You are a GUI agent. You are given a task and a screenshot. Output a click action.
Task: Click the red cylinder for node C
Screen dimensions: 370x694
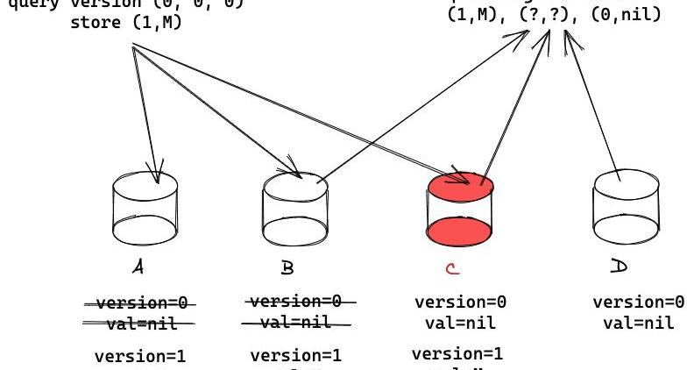[461, 209]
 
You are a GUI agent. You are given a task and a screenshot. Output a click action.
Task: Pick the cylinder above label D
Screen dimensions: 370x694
[625, 208]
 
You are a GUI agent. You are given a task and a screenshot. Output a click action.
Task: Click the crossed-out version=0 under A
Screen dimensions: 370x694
[141, 303]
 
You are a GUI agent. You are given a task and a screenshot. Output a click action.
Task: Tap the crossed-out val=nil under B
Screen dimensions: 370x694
[290, 322]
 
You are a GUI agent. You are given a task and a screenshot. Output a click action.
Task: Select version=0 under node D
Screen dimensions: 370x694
[637, 302]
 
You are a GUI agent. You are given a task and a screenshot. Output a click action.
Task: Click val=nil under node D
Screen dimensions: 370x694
[637, 322]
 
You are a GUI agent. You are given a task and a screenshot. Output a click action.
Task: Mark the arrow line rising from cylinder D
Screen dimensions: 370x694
[596, 105]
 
